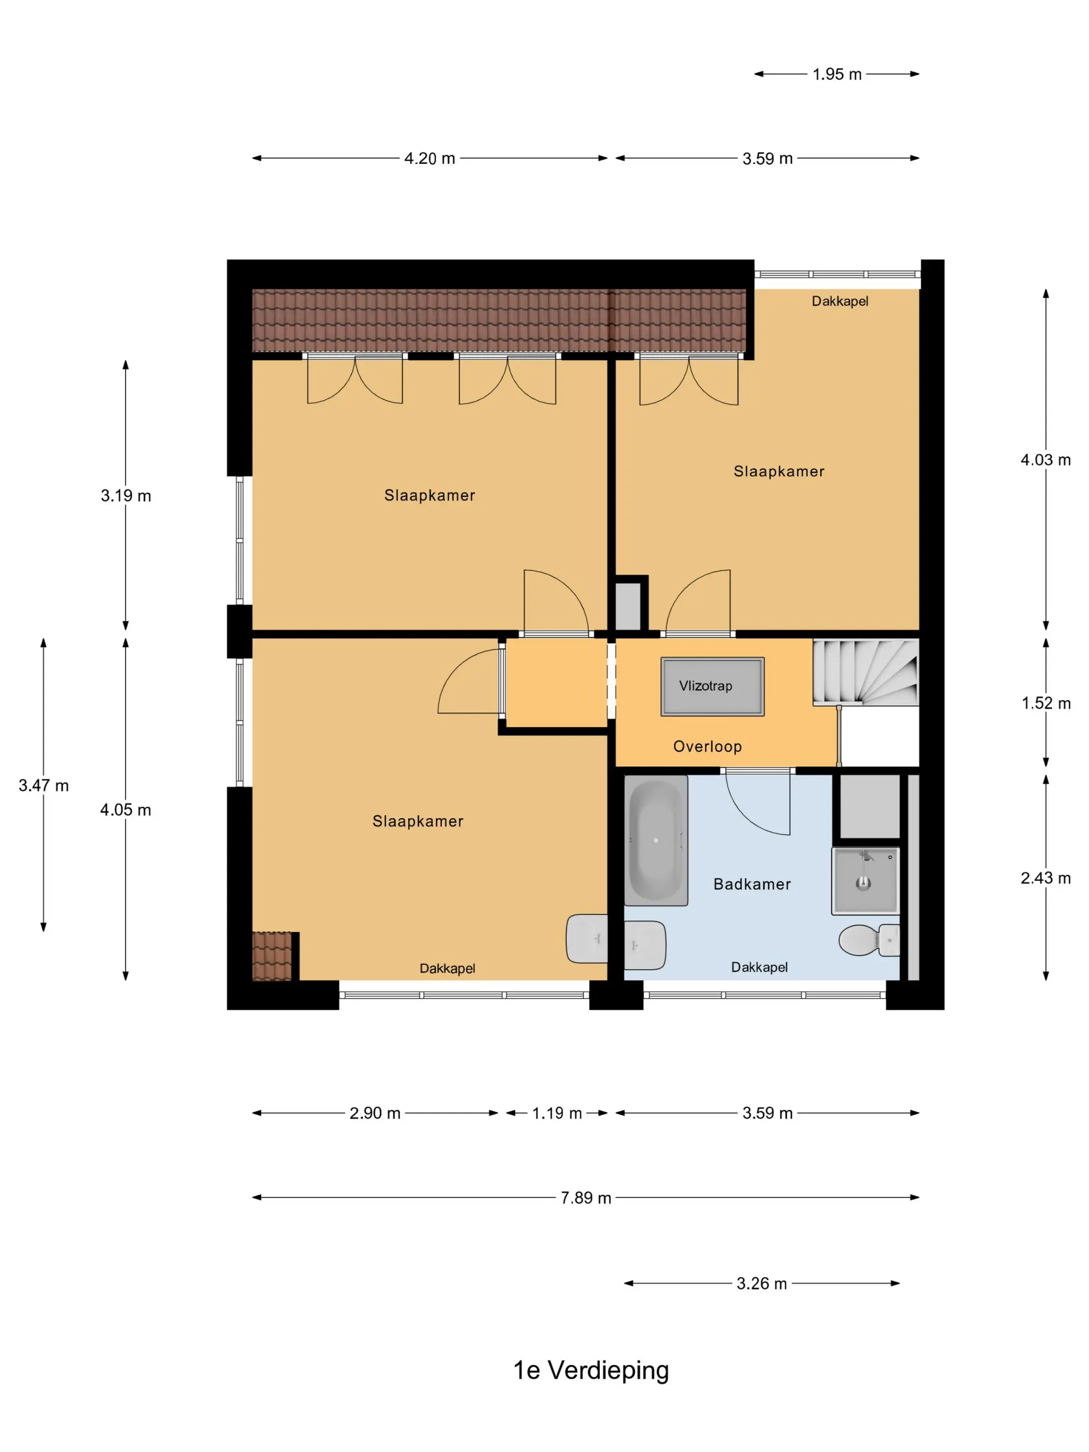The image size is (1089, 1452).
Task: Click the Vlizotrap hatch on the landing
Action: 712,686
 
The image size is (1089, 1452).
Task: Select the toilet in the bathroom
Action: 869,940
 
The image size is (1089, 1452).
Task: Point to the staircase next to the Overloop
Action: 865,672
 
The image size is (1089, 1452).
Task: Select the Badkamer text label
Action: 752,884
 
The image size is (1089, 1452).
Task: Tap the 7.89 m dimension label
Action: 585,1198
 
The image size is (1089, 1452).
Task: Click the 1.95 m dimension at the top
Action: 837,74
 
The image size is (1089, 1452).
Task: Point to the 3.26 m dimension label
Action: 761,1283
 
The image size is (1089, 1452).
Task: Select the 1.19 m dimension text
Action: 556,1113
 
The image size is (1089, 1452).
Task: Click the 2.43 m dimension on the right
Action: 1045,878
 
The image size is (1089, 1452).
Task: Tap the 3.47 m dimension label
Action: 44,786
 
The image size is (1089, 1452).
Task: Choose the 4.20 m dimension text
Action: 429,159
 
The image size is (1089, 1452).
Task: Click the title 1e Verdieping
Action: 591,1371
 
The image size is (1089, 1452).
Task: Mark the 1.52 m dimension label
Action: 1045,704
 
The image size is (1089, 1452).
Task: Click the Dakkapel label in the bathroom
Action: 760,967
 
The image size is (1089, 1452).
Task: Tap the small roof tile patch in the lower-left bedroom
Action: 272,956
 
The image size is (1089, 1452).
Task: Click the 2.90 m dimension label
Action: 375,1113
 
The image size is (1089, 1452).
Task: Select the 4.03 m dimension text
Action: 1045,460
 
